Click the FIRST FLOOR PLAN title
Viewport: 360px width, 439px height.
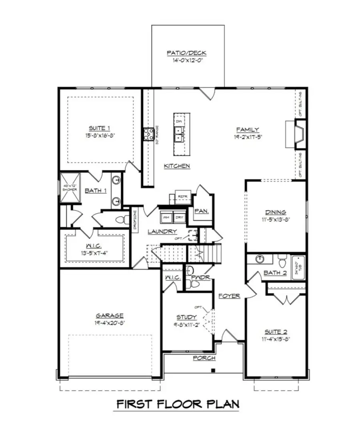click(x=178, y=404)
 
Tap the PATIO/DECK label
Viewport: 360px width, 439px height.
click(x=187, y=53)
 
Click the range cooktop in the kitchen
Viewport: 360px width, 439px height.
click(x=149, y=134)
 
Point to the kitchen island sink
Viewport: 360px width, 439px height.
click(x=178, y=133)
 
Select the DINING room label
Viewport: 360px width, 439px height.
click(x=276, y=212)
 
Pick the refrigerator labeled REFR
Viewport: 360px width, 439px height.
click(x=182, y=197)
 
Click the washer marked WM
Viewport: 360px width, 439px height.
click(x=166, y=217)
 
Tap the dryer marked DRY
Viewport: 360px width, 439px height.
click(x=180, y=217)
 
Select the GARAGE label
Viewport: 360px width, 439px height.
click(x=109, y=315)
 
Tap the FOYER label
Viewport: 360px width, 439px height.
click(x=229, y=296)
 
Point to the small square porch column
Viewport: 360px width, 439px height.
click(x=214, y=370)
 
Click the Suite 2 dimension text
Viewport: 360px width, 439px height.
click(x=276, y=339)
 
